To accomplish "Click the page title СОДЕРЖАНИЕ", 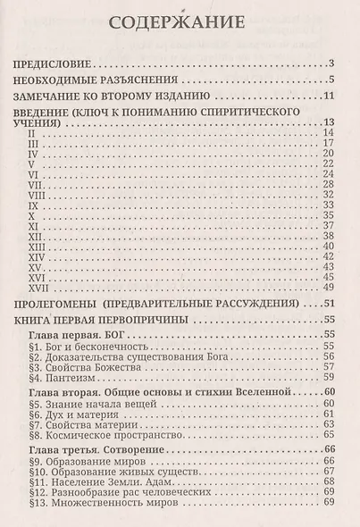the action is pos(180,22).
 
